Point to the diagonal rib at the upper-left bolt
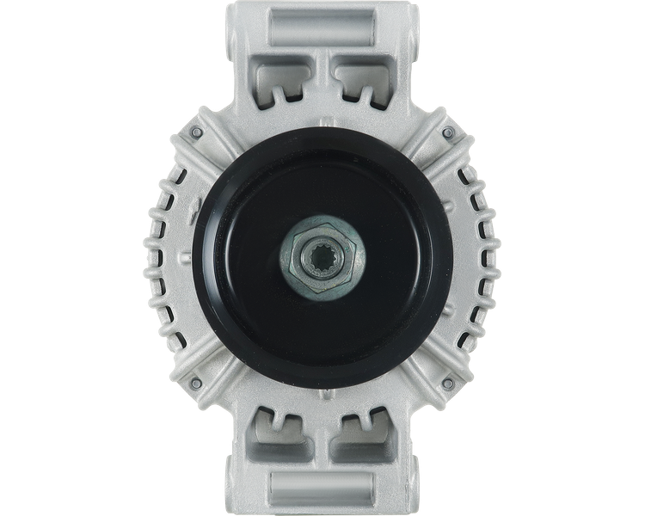pyautogui.click(x=215, y=150)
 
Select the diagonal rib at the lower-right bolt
pyautogui.click(x=429, y=365)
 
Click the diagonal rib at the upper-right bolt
pyautogui.click(x=429, y=150)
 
